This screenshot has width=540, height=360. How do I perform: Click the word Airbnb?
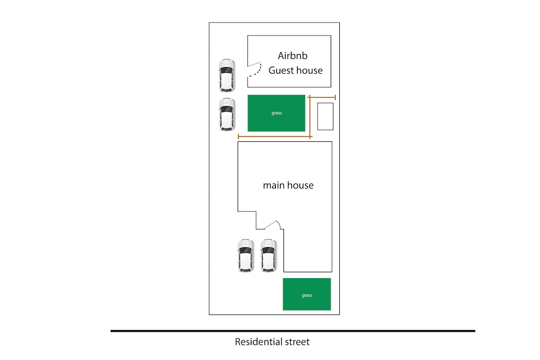[x=292, y=56]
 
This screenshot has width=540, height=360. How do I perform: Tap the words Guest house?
[x=296, y=70]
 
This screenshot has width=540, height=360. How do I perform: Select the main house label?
[x=288, y=185]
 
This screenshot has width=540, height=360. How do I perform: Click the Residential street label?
[x=272, y=342]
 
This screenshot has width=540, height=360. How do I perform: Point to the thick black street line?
[x=292, y=331]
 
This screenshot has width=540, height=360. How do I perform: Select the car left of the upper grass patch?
[x=227, y=115]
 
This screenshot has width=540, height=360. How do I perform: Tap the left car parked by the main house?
[x=246, y=255]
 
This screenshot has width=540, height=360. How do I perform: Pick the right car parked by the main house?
[x=269, y=255]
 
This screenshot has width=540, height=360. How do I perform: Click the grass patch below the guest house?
[x=276, y=113]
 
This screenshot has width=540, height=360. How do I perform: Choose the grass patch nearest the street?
[x=306, y=294]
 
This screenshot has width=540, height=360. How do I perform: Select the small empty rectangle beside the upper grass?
[x=325, y=116]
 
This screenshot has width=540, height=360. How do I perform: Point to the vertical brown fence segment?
[x=310, y=117]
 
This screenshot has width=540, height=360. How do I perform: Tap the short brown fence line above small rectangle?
[x=322, y=97]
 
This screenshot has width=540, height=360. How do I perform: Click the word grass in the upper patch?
[x=276, y=113]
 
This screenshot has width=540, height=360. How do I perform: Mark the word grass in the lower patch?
[x=306, y=295]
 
